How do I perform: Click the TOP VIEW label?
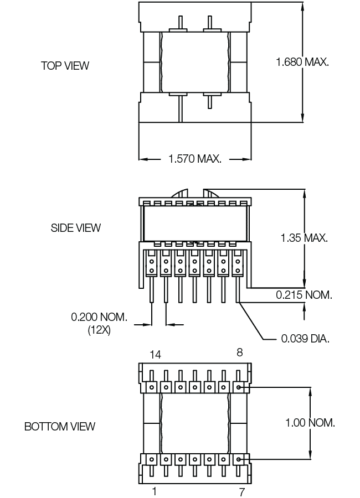(x=65, y=66)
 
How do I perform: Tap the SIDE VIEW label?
(x=76, y=228)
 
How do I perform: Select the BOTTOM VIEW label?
(x=60, y=426)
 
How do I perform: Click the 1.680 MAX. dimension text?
(x=302, y=62)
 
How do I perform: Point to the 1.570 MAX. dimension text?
(x=194, y=158)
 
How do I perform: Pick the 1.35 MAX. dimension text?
(x=304, y=237)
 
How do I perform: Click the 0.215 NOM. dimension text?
(x=304, y=295)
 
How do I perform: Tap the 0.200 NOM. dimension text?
(x=99, y=317)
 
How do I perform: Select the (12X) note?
(x=99, y=330)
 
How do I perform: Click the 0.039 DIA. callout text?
(x=305, y=339)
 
